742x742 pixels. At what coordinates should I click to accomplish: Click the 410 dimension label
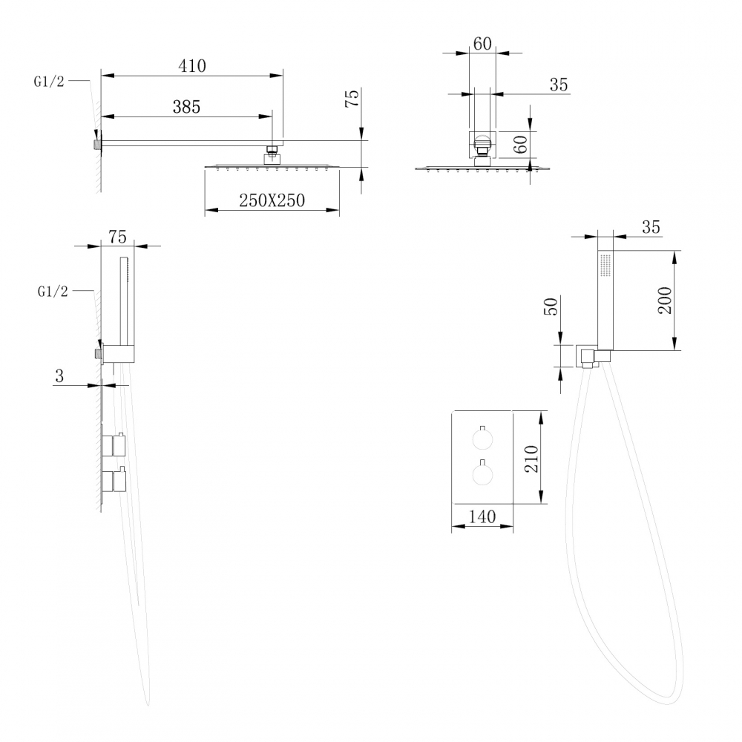click(191, 65)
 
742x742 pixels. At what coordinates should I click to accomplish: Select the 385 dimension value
click(186, 107)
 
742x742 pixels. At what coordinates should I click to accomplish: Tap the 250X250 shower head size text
click(272, 200)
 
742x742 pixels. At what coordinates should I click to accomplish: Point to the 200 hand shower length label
click(665, 300)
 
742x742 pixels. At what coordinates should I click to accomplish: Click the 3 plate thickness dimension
click(59, 376)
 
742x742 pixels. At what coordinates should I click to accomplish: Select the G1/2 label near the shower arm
click(49, 82)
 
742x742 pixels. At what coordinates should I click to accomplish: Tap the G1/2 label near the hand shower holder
click(52, 292)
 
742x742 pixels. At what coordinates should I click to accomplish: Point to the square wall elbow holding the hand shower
click(588, 356)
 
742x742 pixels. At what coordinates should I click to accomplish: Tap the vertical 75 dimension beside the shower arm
click(353, 99)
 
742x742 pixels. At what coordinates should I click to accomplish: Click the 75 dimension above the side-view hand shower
click(117, 237)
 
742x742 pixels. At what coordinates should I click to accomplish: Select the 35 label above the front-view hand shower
click(651, 228)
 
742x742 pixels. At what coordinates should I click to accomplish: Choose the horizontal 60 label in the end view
click(482, 44)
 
